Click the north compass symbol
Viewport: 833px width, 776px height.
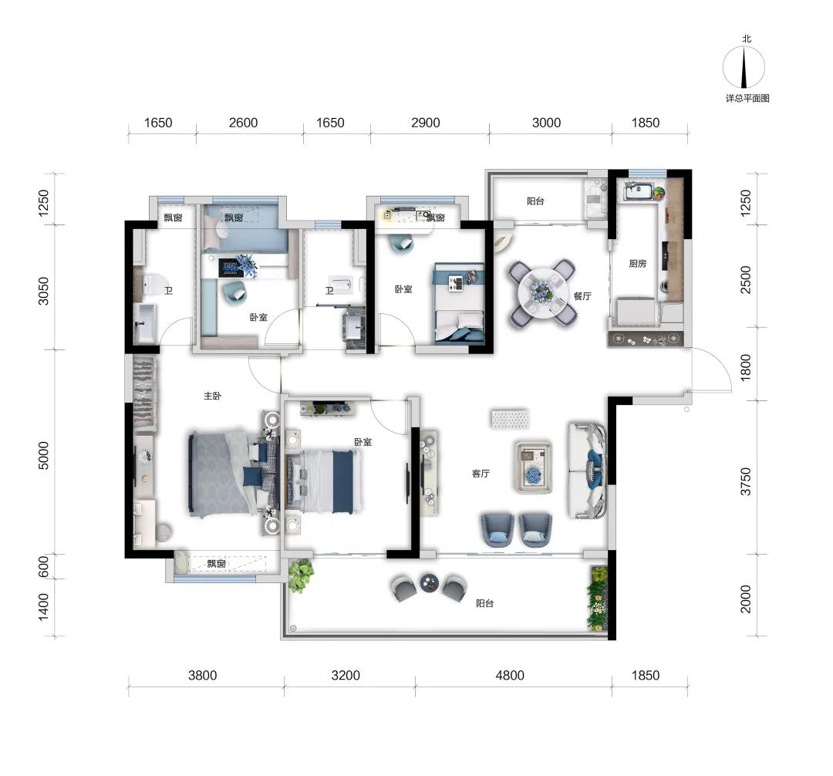[744, 67]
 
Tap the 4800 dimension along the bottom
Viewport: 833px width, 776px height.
[510, 675]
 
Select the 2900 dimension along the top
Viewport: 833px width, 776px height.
[426, 123]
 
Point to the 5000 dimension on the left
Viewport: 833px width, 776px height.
[43, 455]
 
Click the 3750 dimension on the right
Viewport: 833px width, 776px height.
[746, 481]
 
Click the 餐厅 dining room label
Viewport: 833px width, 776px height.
[583, 296]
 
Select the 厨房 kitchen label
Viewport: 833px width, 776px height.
[638, 264]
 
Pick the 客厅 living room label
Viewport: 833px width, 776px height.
[481, 474]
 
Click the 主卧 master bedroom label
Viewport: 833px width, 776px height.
[213, 396]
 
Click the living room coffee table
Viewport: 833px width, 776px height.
[534, 467]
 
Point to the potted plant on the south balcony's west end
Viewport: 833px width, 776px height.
[302, 575]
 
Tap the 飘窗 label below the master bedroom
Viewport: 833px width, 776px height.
[217, 564]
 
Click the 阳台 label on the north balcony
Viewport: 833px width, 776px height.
[535, 201]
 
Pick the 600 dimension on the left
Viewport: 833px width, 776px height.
[43, 566]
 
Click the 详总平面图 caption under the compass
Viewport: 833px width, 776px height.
[747, 98]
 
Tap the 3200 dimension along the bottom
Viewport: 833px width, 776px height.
[346, 675]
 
